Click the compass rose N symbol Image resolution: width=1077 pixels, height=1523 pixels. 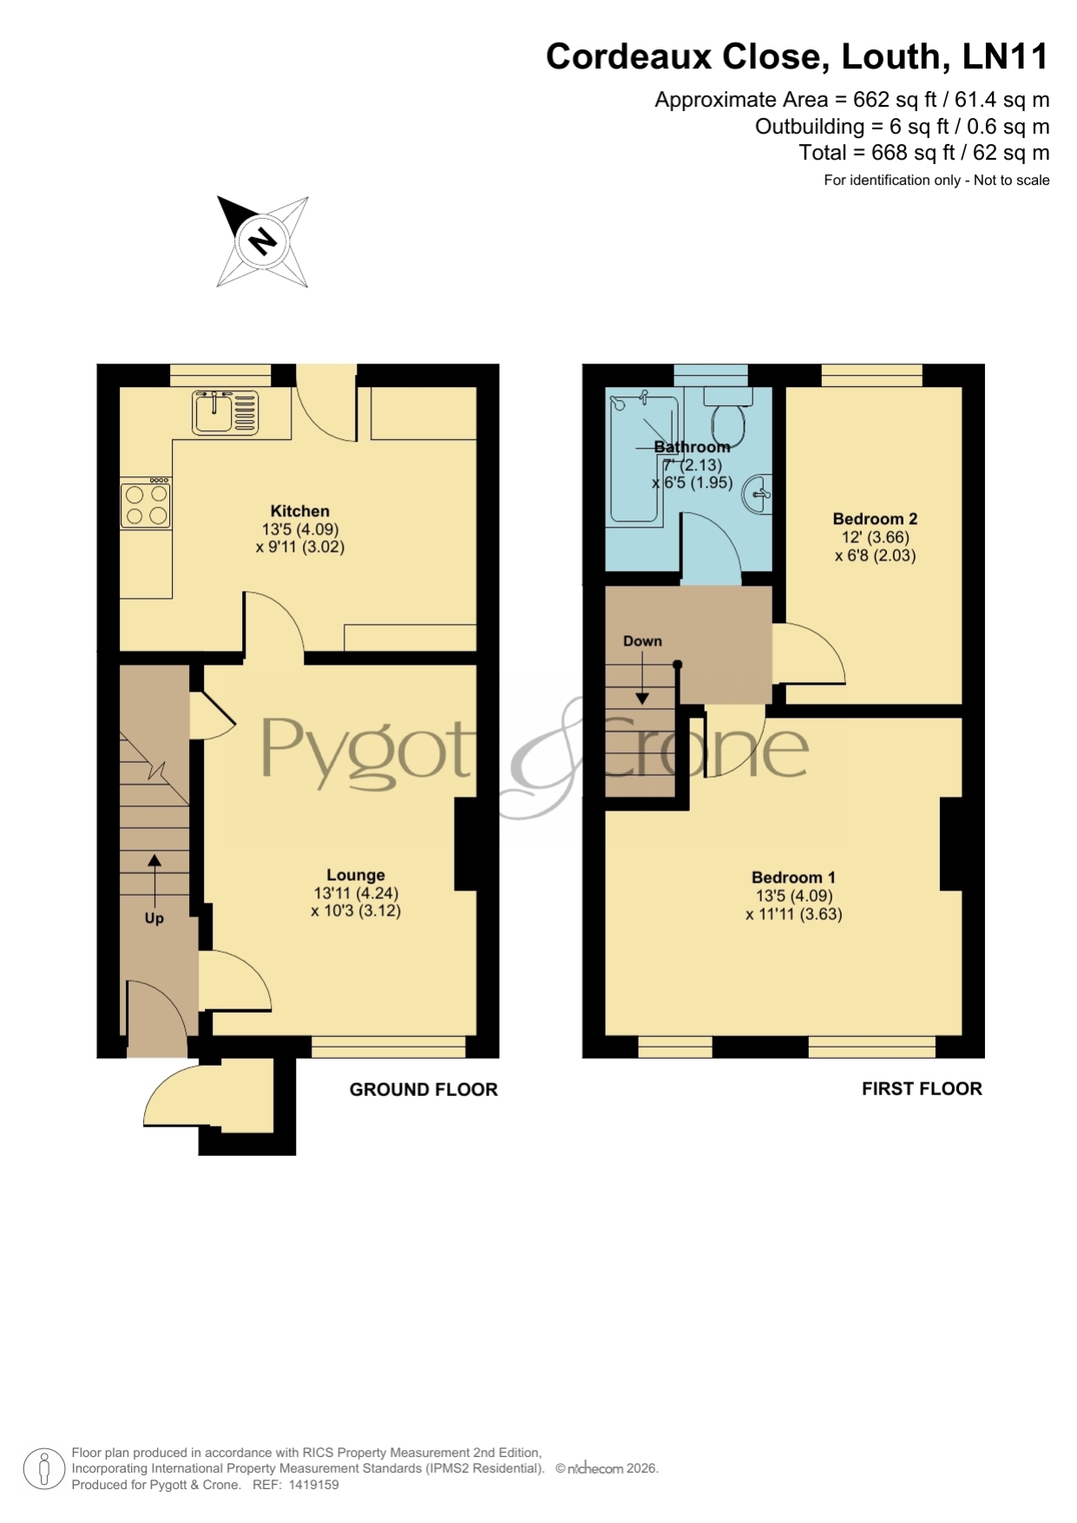pyautogui.click(x=262, y=240)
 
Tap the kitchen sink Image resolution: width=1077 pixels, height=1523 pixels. pyautogui.click(x=226, y=412)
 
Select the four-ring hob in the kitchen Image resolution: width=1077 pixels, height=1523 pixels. pyautogui.click(x=146, y=503)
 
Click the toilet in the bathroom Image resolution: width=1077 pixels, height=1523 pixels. pyautogui.click(x=728, y=415)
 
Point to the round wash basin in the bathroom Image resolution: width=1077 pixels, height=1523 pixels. pyautogui.click(x=758, y=494)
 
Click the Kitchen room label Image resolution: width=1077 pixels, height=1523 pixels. pyautogui.click(x=299, y=511)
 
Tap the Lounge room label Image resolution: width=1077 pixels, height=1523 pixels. pyautogui.click(x=356, y=875)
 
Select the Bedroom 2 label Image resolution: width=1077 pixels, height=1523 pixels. pyautogui.click(x=875, y=519)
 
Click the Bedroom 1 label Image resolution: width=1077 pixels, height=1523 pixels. pyautogui.click(x=793, y=877)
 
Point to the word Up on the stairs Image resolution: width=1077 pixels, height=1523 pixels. pyautogui.click(x=154, y=918)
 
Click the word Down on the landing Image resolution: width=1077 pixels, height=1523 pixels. pyautogui.click(x=642, y=641)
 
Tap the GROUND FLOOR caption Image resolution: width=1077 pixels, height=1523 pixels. pyautogui.click(x=424, y=1090)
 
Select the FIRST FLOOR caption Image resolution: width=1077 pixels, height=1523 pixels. pyautogui.click(x=922, y=1089)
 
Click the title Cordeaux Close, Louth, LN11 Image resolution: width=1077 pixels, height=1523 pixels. pyautogui.click(x=797, y=57)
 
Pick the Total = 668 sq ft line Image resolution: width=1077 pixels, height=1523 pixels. pyautogui.click(x=924, y=153)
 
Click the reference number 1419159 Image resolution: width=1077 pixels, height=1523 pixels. pyautogui.click(x=313, y=1485)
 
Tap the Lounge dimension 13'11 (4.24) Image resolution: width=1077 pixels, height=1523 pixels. pyautogui.click(x=356, y=893)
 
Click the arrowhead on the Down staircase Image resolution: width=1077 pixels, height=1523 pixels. pyautogui.click(x=642, y=698)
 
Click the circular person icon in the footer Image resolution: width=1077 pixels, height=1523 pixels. pyautogui.click(x=43, y=1469)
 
